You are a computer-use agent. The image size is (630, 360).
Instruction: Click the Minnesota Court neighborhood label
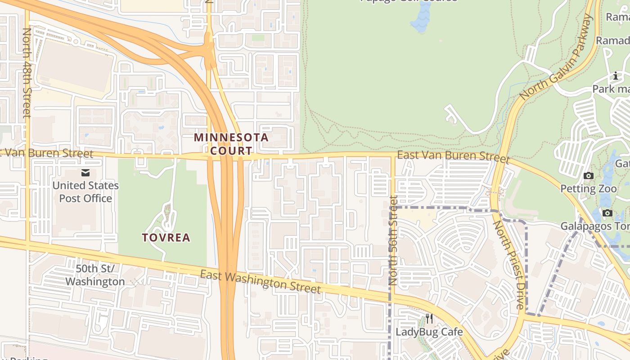pyautogui.click(x=231, y=144)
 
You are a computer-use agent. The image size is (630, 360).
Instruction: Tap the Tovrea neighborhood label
pyautogui.click(x=166, y=237)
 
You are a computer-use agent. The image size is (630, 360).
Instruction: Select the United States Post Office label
pyautogui.click(x=85, y=192)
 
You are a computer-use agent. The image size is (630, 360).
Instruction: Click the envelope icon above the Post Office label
pyautogui.click(x=85, y=173)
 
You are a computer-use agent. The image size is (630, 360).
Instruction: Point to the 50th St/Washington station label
pyautogui.click(x=95, y=275)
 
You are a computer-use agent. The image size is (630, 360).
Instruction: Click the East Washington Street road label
pyautogui.click(x=261, y=282)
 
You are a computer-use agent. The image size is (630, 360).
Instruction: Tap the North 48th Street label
pyautogui.click(x=27, y=73)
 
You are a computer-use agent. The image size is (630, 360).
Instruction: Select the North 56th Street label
pyautogui.click(x=393, y=240)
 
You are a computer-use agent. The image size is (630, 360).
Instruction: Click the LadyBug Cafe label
pyautogui.click(x=429, y=332)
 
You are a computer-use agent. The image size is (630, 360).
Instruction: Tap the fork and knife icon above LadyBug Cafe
pyautogui.click(x=429, y=319)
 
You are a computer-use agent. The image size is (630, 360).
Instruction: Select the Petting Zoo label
pyautogui.click(x=588, y=189)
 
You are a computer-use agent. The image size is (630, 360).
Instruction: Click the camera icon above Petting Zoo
pyautogui.click(x=588, y=176)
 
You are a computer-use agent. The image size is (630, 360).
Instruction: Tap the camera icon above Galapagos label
pyautogui.click(x=607, y=213)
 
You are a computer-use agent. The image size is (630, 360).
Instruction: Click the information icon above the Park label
pyautogui.click(x=615, y=76)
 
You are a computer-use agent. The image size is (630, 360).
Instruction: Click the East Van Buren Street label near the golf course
pyautogui.click(x=454, y=157)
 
